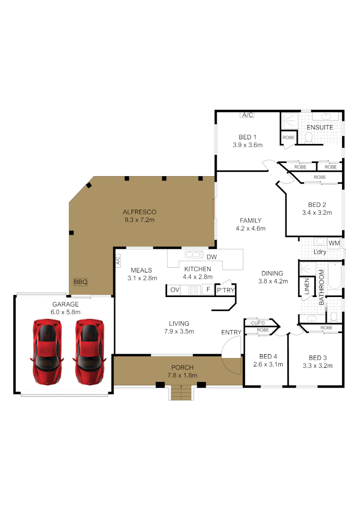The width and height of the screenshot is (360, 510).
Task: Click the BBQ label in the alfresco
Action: (x=81, y=282)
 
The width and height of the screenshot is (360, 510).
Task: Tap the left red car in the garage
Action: (x=47, y=352)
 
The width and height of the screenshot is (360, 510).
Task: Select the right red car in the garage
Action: (x=89, y=352)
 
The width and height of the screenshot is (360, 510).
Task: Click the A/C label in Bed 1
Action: (x=248, y=115)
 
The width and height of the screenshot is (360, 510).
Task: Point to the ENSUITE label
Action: (x=320, y=127)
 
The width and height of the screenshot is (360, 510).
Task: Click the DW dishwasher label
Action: (x=212, y=257)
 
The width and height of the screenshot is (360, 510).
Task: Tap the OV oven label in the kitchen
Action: (x=175, y=290)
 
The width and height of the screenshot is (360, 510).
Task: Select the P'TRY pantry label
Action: (x=226, y=290)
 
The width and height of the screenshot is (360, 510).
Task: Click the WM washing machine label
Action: (x=334, y=243)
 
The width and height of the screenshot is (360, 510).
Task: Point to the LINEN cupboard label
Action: (x=307, y=286)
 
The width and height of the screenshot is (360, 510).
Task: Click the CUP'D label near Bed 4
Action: (x=258, y=323)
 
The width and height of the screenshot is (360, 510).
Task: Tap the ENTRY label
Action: (x=231, y=332)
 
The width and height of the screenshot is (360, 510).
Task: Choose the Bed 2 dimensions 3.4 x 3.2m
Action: (x=317, y=212)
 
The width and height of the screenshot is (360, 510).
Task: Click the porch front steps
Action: (x=181, y=392)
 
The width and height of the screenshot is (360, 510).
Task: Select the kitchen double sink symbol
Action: (x=194, y=255)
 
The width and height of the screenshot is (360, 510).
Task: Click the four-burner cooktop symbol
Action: (x=193, y=290)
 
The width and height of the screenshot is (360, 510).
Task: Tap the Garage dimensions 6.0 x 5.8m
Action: (x=65, y=312)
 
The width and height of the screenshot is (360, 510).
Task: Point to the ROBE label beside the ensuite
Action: (x=289, y=137)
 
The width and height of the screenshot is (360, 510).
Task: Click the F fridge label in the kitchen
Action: (x=208, y=289)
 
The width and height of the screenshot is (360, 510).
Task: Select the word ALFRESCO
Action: (x=140, y=212)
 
